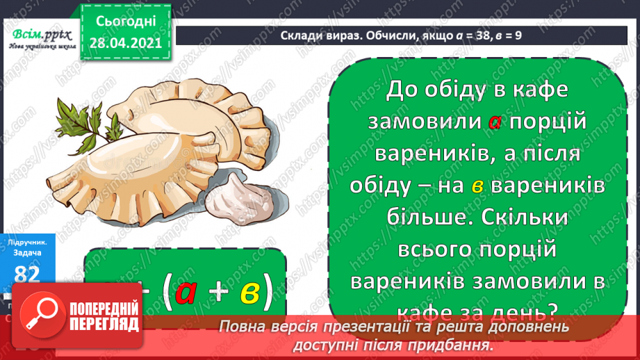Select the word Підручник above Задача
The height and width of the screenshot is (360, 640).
pos(27,242)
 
